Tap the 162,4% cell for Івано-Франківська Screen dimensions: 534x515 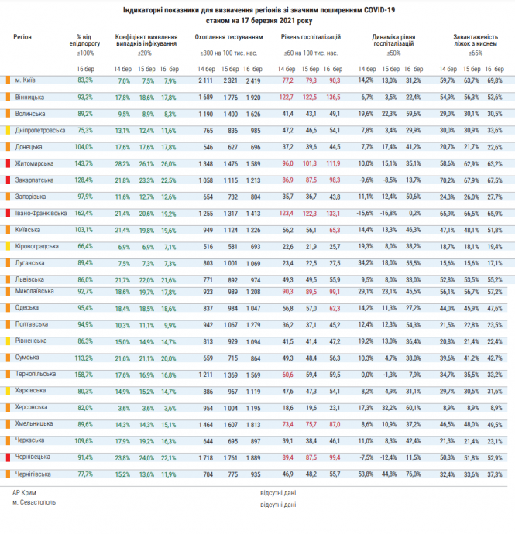point(84,213)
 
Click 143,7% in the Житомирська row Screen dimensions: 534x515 point(84,163)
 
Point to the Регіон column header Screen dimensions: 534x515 point(23,37)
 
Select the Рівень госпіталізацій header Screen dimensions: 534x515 point(309,37)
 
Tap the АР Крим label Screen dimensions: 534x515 point(24,493)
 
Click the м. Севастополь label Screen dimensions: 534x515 point(33,505)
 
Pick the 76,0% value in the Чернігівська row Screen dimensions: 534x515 point(413,474)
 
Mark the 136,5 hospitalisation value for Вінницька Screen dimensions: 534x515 point(335,97)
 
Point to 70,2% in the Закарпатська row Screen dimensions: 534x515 point(447,180)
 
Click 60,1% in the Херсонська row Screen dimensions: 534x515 point(413,407)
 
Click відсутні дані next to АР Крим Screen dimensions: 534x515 point(279,493)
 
